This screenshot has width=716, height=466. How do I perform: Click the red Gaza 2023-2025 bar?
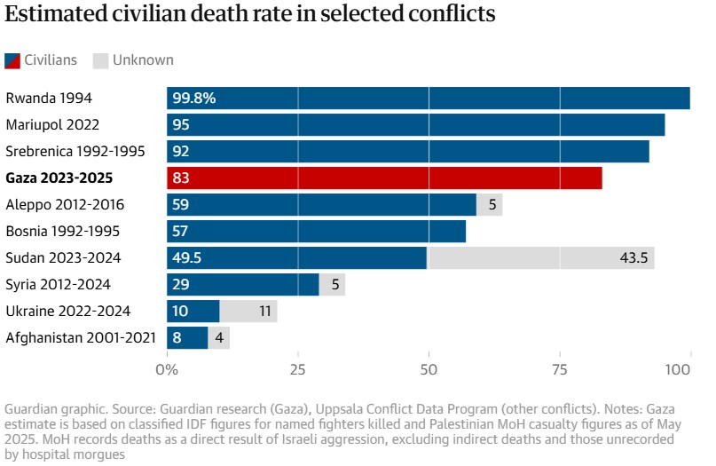pos(384,178)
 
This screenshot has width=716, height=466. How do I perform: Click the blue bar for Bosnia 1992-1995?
pos(316,231)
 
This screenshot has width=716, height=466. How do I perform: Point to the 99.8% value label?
pos(194,99)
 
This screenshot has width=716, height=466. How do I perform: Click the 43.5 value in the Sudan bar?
pos(633,257)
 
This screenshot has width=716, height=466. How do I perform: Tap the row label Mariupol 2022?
pos(52,124)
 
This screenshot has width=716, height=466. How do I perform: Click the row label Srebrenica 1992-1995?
pos(75,151)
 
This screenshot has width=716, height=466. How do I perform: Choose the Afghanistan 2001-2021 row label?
pos(81,337)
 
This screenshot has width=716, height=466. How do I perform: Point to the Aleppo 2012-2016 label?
pos(65,204)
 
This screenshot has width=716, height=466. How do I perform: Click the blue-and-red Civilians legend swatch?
pos(13,60)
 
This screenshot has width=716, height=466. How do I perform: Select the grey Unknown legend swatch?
pos(101,60)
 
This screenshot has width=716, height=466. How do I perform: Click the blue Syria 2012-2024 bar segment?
pos(243,284)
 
